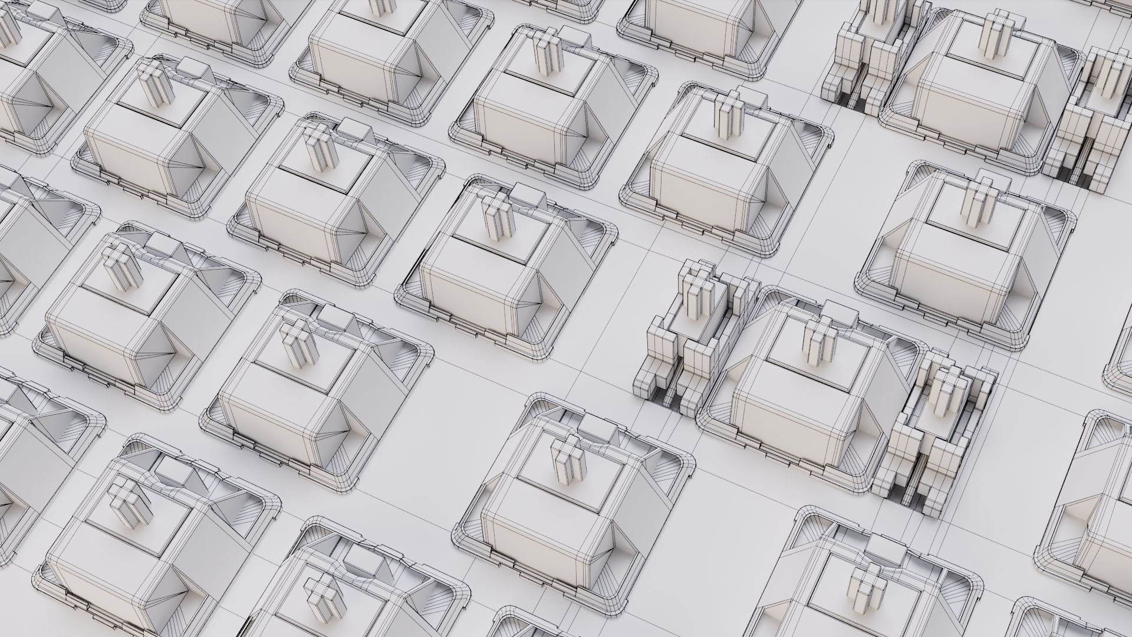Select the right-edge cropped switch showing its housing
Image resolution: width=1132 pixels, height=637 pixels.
pos(1091,519)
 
